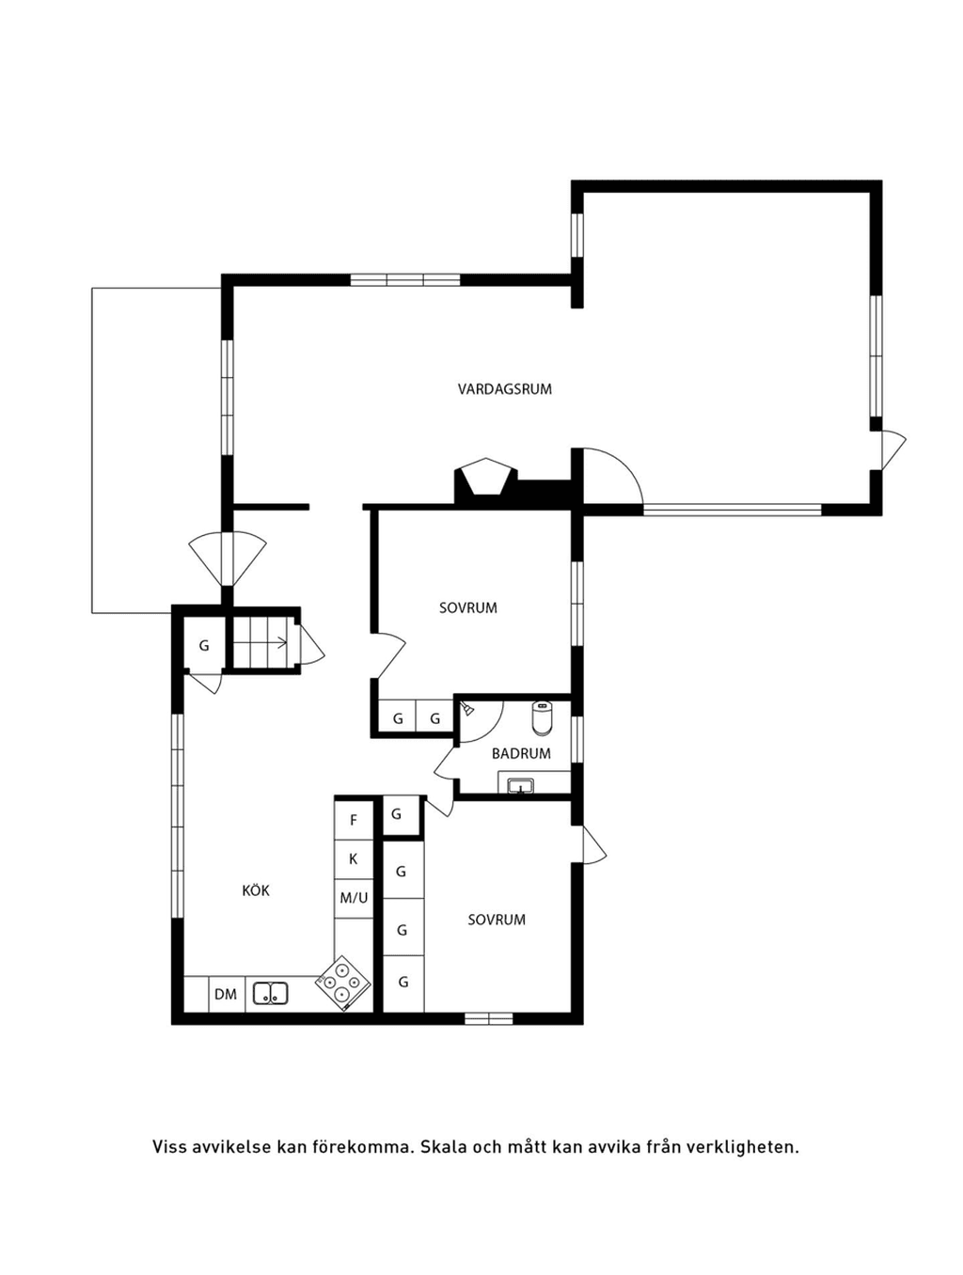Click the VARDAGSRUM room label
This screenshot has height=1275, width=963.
(x=504, y=388)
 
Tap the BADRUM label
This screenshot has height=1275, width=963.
(x=521, y=753)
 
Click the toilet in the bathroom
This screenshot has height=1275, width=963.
(x=541, y=718)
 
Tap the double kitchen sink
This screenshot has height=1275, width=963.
(x=271, y=992)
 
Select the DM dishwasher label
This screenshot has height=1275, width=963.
(x=226, y=994)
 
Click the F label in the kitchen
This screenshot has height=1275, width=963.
(x=354, y=820)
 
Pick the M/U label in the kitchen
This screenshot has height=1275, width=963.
(x=354, y=898)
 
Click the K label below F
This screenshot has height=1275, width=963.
(x=354, y=859)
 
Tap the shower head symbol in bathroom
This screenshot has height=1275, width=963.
(x=466, y=709)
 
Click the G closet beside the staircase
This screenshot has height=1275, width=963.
(x=204, y=645)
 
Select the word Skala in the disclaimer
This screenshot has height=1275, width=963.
(x=440, y=1146)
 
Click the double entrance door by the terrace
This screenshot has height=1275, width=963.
(x=228, y=559)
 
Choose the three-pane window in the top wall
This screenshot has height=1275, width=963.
(x=404, y=280)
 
